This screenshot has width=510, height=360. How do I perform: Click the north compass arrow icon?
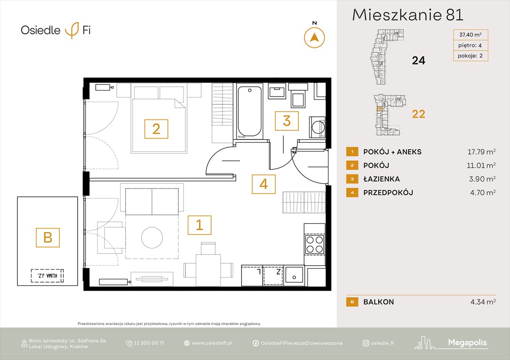(314, 37)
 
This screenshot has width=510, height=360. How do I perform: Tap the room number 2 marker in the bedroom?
(156, 128)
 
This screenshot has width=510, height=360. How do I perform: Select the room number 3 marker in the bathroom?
(286, 120)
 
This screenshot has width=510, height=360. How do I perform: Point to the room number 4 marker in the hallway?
(264, 184)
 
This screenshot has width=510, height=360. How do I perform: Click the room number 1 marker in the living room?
(199, 225)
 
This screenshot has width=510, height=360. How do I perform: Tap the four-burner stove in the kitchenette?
(314, 244)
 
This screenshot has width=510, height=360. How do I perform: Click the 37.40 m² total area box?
(470, 35)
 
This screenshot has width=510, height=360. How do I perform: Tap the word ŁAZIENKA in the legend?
(381, 179)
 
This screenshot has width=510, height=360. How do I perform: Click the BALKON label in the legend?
(378, 302)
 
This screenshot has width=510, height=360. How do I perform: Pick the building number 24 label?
(418, 60)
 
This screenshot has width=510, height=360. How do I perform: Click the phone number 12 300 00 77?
(149, 343)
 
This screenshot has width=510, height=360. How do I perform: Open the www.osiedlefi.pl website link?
(212, 343)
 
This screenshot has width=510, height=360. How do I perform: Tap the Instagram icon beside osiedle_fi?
(365, 343)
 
